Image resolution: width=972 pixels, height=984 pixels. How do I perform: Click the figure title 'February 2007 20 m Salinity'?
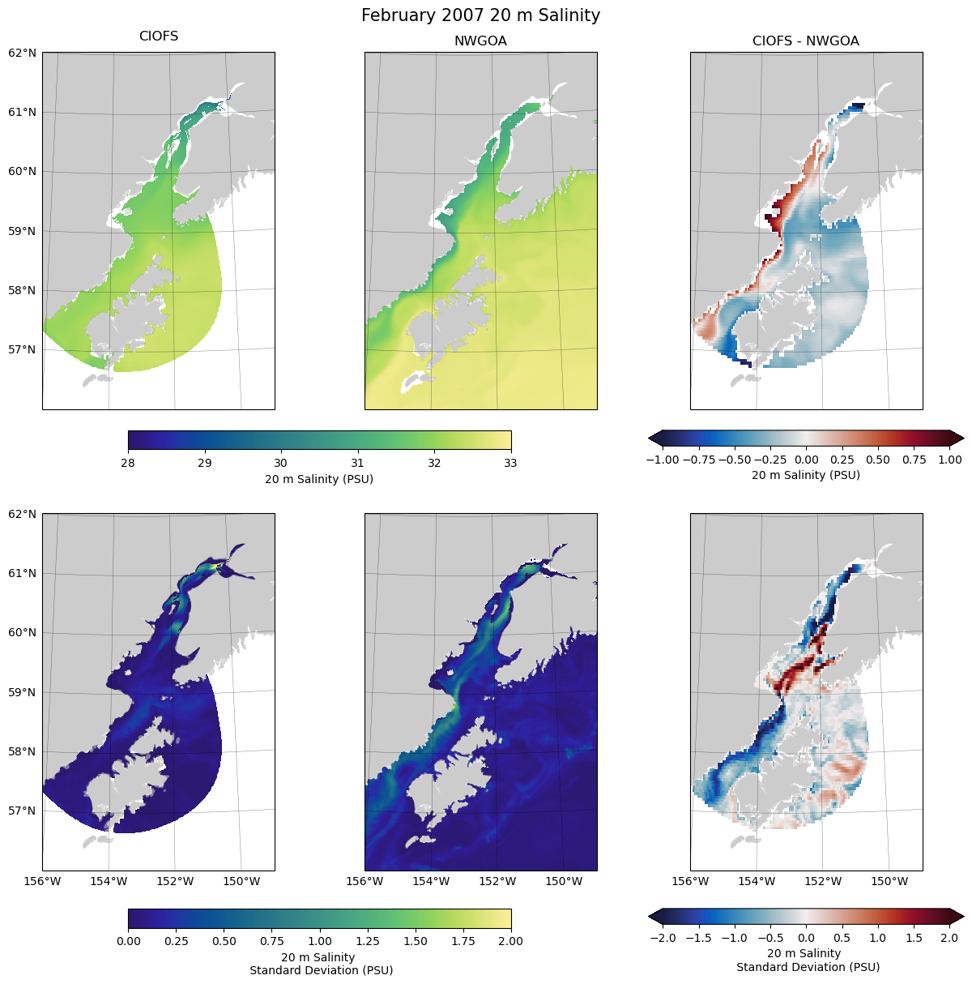pyautogui.click(x=480, y=15)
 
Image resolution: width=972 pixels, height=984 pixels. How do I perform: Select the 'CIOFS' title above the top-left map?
pyautogui.click(x=159, y=36)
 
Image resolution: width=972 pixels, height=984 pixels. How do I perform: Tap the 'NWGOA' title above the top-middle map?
pyautogui.click(x=480, y=41)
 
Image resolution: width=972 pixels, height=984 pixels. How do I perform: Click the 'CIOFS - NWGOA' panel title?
pyautogui.click(x=805, y=41)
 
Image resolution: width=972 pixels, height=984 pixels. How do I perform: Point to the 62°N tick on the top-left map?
pyautogui.click(x=23, y=53)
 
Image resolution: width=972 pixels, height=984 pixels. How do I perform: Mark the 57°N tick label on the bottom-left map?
pyautogui.click(x=23, y=811)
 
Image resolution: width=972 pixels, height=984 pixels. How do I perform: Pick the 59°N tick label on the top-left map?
pyautogui.click(x=23, y=231)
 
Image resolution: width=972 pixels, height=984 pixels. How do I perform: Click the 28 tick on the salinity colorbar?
pyautogui.click(x=128, y=463)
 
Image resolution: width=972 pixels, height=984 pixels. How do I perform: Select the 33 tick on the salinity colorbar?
pyautogui.click(x=511, y=463)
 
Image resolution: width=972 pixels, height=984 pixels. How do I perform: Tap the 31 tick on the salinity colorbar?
pyautogui.click(x=358, y=463)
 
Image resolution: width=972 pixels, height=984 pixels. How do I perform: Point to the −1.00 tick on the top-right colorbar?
pyautogui.click(x=662, y=460)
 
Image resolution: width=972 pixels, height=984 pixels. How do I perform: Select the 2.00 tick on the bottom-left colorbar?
pyautogui.click(x=511, y=941)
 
